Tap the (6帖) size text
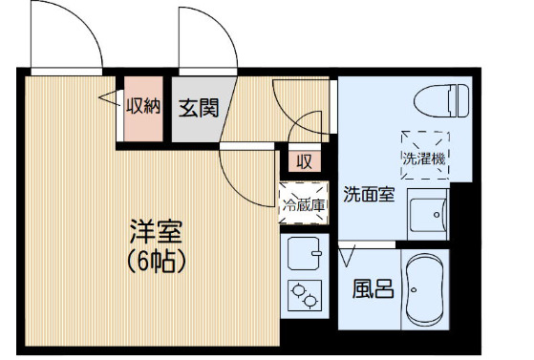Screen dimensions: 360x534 [155, 260]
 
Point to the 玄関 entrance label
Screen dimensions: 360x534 [198, 107]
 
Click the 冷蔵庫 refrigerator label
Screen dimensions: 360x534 [303, 203]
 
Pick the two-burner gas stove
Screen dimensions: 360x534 [304, 296]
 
